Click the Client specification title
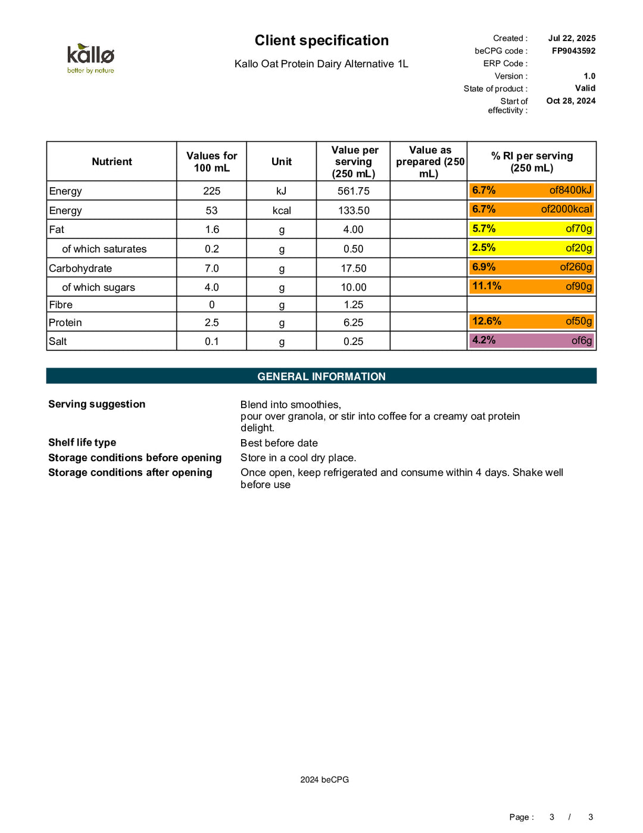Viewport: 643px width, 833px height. coord(321,41)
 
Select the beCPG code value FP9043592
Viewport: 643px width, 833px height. coord(573,51)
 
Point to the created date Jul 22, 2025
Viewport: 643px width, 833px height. coord(572,38)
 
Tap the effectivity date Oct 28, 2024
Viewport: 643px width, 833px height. coord(570,101)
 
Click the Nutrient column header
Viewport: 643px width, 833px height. coord(112,161)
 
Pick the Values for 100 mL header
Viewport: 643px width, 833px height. coord(211,161)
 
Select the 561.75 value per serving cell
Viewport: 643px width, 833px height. coord(353,191)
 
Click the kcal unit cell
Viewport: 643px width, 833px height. coord(281,210)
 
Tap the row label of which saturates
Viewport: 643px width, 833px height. coord(104,249)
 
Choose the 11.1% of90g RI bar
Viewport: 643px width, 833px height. coord(532,287)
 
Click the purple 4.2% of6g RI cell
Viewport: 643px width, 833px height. coord(532,341)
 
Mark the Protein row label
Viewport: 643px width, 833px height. coord(65,322)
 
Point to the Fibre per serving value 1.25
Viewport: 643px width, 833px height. coord(353,304)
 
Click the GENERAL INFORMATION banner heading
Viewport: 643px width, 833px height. coord(321,377)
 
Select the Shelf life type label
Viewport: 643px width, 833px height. coord(82,442)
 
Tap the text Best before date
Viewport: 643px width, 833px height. coord(279,443)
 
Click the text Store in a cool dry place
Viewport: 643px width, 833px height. coord(298,458)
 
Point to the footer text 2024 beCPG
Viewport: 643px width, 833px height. coord(324,779)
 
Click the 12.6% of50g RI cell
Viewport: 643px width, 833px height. coord(532,322)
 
